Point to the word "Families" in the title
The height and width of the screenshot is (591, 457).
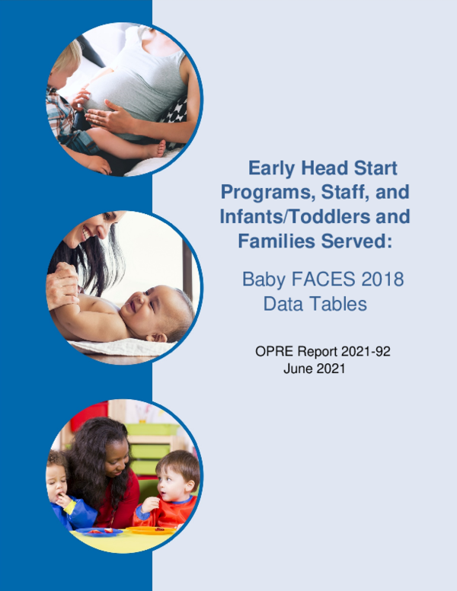point(271,241)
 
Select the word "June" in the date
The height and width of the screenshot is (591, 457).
point(297,369)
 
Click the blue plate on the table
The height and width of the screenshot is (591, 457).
point(99,531)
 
